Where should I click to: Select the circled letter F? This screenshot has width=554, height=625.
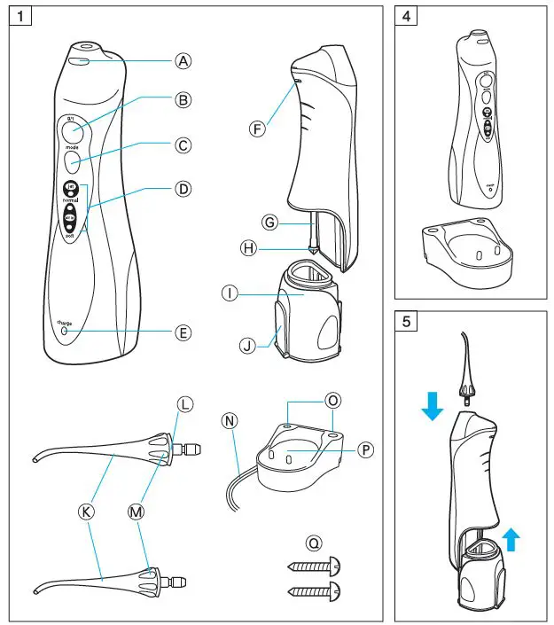point(257,129)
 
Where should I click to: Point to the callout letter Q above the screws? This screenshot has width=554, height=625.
point(314,541)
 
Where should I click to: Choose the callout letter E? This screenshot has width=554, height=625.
point(183,333)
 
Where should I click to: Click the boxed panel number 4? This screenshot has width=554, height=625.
point(406,19)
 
